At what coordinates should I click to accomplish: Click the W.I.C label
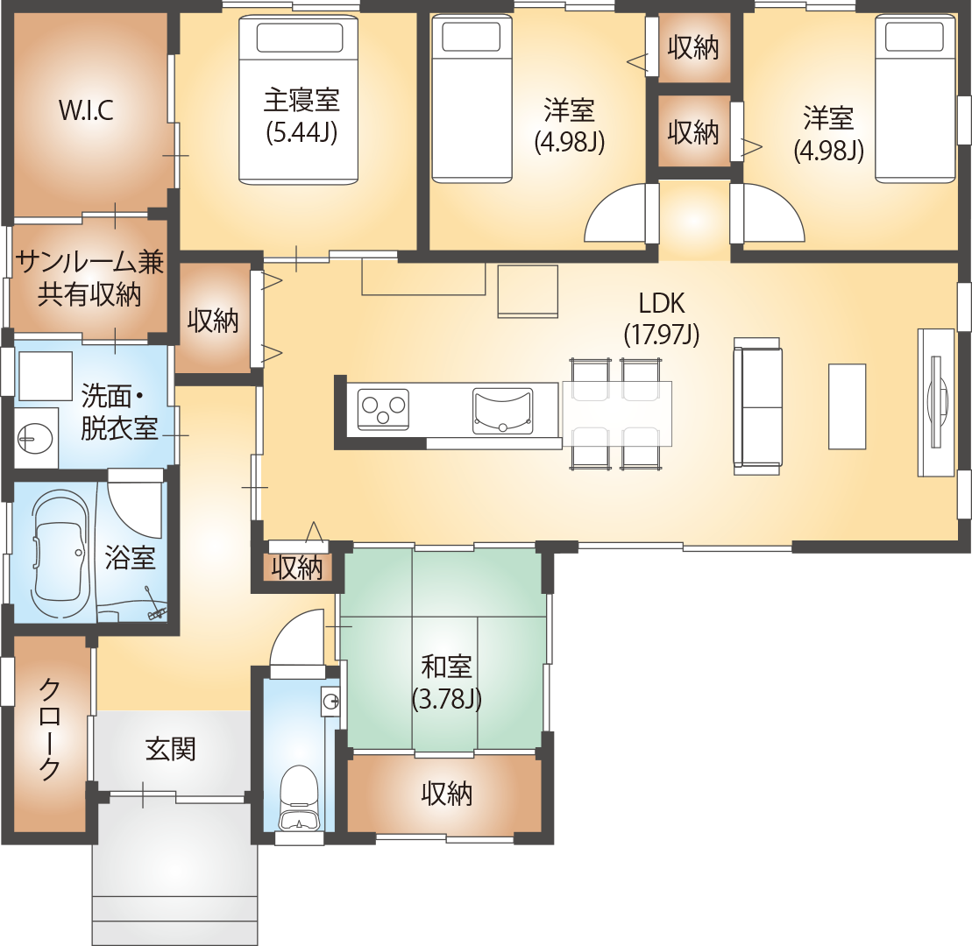tap(86, 110)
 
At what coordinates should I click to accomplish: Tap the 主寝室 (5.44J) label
tap(302, 116)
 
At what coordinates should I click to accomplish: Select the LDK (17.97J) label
tap(662, 319)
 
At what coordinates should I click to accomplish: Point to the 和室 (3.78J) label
tap(446, 682)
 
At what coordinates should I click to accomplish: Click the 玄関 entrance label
tap(170, 749)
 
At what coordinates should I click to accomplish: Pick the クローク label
tap(50, 729)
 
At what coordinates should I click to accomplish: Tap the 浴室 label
tap(130, 557)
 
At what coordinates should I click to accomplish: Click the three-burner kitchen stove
tap(383, 410)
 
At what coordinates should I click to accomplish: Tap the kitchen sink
tap(503, 411)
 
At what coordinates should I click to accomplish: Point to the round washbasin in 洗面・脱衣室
tap(35, 439)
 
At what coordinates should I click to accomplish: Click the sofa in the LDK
tap(757, 406)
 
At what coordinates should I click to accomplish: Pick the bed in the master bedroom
tap(299, 100)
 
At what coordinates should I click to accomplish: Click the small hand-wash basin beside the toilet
tap(330, 702)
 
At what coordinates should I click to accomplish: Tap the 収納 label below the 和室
tap(446, 794)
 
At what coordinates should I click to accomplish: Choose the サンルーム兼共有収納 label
tap(89, 279)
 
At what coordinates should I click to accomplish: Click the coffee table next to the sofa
tap(847, 406)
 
